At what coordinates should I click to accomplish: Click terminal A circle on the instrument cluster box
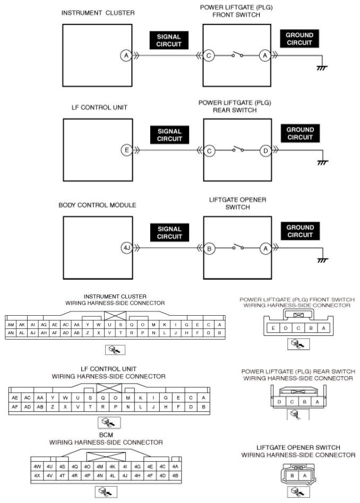[x=126, y=56]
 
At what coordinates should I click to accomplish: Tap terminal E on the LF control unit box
[x=127, y=150]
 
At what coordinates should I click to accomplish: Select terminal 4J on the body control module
[x=127, y=248]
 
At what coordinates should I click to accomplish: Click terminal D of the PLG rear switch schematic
[x=265, y=151]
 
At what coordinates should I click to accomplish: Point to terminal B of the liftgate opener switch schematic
[x=209, y=249]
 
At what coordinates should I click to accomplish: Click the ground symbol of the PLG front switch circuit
[x=321, y=68]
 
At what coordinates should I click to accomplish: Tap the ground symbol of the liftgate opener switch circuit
[x=322, y=260]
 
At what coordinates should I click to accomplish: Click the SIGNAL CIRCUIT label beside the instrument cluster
[x=169, y=40]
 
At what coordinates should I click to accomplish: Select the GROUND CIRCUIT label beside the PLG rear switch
[x=300, y=134]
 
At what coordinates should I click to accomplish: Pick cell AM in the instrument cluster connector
[x=11, y=325]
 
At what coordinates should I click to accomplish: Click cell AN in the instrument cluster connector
[x=11, y=333]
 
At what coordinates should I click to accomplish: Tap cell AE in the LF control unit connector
[x=15, y=398]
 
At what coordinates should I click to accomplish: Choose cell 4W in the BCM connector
[x=37, y=467]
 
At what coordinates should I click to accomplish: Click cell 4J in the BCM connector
[x=125, y=476]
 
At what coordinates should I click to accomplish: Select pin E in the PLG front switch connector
[x=273, y=328]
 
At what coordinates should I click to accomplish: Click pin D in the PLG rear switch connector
[x=279, y=402]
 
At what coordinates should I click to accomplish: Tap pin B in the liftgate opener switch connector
[x=292, y=476]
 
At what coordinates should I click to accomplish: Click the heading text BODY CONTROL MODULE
[x=97, y=205]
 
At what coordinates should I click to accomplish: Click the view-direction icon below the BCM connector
[x=106, y=492]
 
